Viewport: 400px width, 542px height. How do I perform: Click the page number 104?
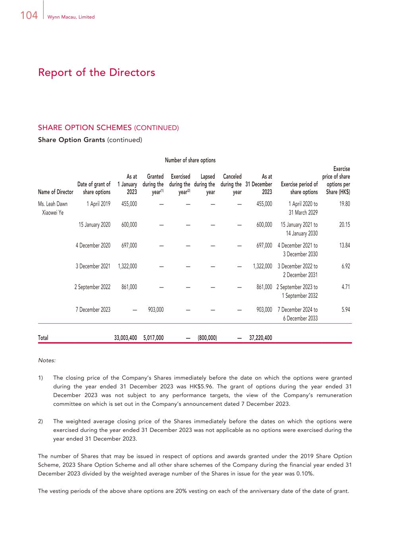coord(29,15)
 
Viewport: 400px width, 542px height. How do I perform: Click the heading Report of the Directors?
coord(97,73)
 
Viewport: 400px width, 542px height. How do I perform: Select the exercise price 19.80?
coord(345,204)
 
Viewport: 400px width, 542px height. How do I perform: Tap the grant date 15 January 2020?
coord(95,225)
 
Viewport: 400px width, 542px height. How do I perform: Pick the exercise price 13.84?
coord(345,245)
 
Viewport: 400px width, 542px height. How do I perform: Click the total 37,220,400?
coord(260,338)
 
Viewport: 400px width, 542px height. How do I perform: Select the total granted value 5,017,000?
coord(153,338)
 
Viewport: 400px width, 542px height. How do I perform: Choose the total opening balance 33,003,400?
coord(125,338)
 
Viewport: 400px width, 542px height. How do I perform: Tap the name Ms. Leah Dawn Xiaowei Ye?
coord(53,208)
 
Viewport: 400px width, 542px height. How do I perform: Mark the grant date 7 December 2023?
coord(93,310)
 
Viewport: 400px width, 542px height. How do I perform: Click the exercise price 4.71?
coord(346,287)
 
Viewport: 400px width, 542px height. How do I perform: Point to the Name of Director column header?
coord(56,192)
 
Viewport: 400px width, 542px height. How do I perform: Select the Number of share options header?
coord(190,160)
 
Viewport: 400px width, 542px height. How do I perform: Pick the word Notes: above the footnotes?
coord(47,361)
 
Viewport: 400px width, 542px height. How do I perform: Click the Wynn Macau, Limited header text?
coord(71,17)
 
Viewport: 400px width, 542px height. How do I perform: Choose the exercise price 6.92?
coord(346,266)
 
